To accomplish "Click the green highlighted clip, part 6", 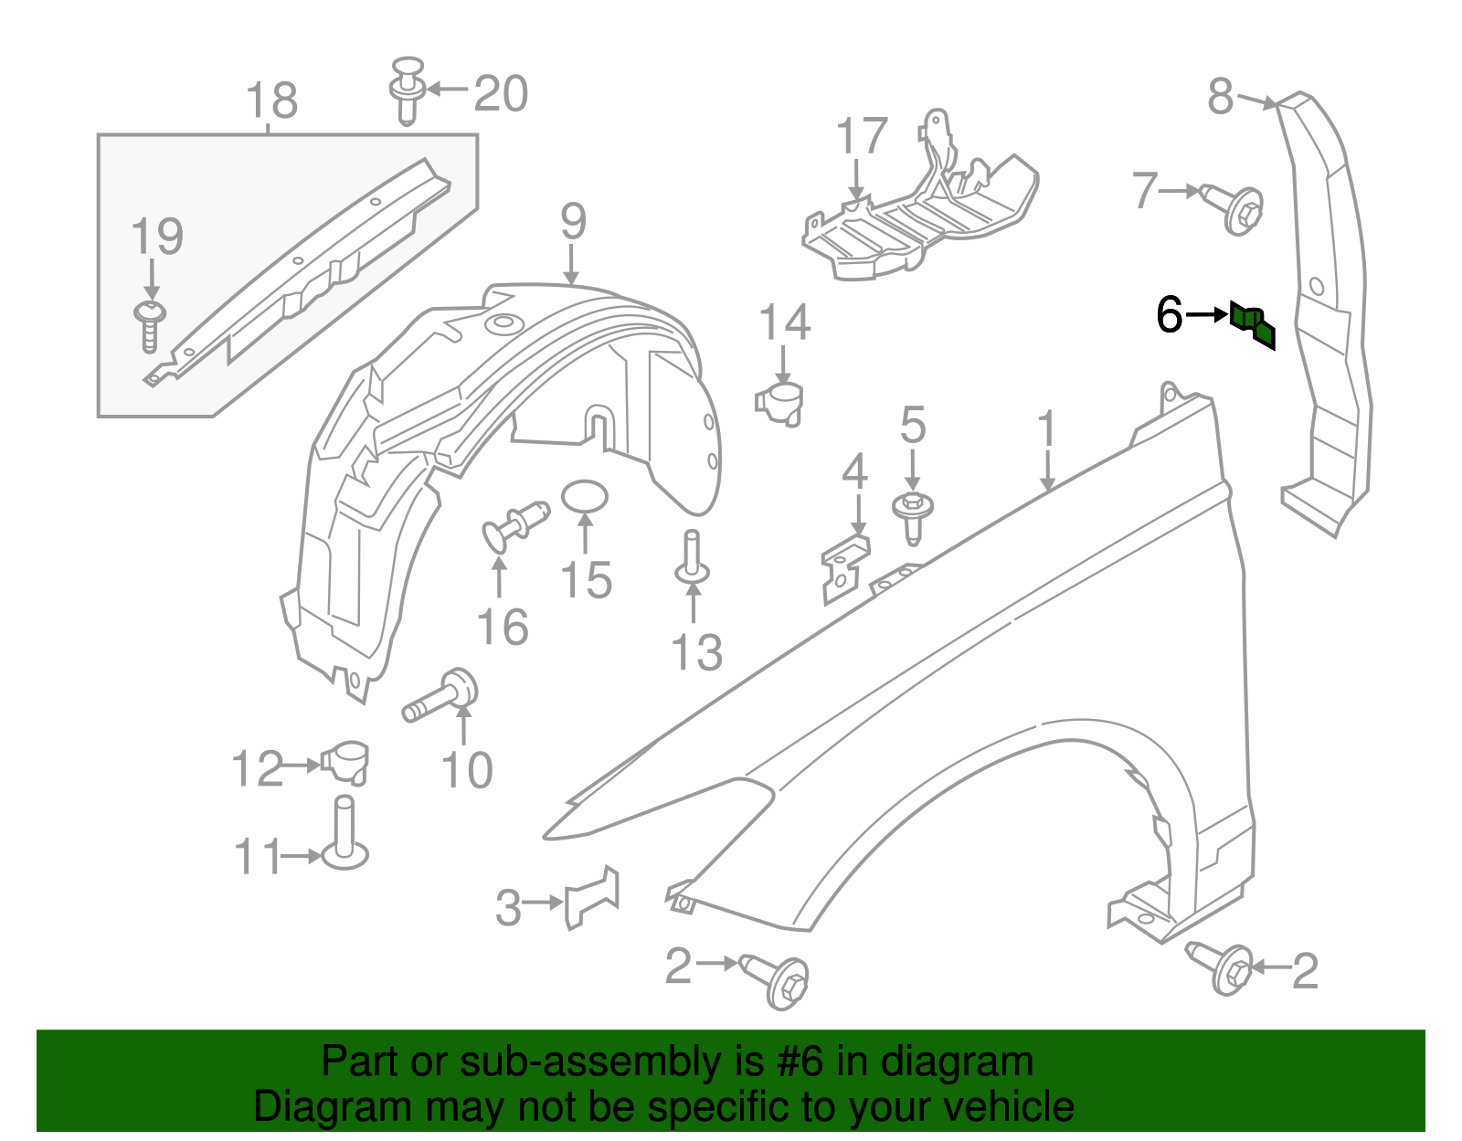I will pyautogui.click(x=1252, y=324).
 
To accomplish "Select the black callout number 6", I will pyautogui.click(x=1169, y=315).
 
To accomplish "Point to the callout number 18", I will pyautogui.click(x=272, y=100).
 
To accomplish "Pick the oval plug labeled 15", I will pyautogui.click(x=584, y=497).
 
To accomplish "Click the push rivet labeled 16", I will pyautogui.click(x=514, y=525).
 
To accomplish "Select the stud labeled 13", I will pyautogui.click(x=692, y=560).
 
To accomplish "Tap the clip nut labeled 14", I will pyautogui.click(x=780, y=402).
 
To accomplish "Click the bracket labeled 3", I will pyautogui.click(x=592, y=897).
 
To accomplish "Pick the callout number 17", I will pyautogui.click(x=862, y=136).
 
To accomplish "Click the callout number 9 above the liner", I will pyautogui.click(x=573, y=221).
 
